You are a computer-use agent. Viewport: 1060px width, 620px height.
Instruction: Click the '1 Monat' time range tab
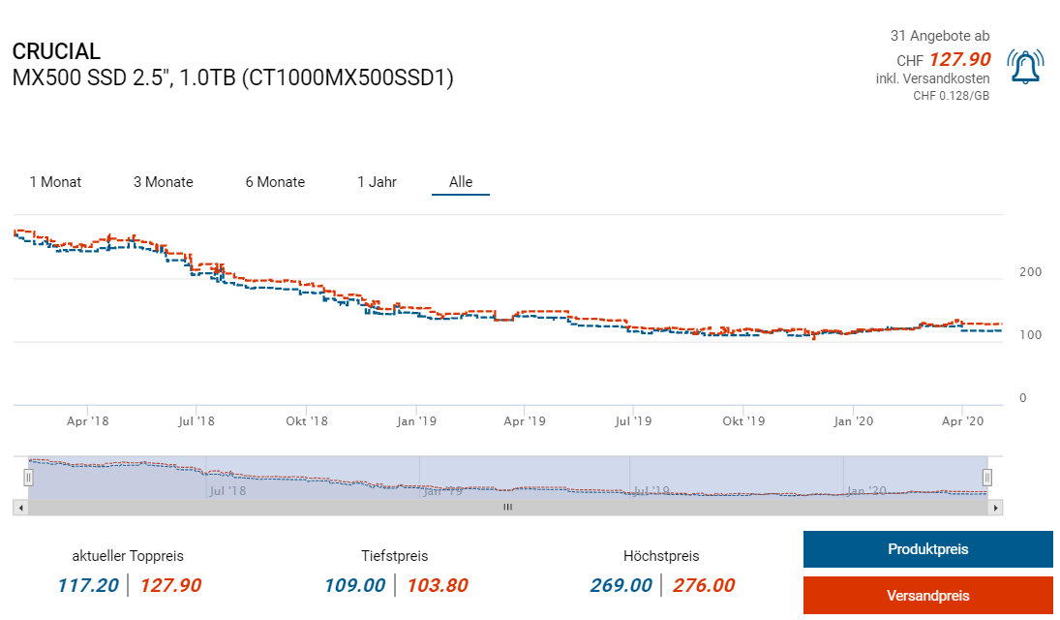point(55,182)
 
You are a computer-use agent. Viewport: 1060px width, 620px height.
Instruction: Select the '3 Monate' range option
point(163,182)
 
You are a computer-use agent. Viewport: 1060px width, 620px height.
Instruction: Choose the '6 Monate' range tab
point(275,182)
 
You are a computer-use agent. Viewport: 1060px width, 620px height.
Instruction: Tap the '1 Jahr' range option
point(377,182)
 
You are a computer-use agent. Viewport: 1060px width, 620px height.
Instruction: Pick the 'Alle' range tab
point(461,182)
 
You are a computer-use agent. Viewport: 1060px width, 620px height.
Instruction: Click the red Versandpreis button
point(927,596)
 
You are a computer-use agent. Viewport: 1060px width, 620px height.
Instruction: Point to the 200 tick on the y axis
point(1030,272)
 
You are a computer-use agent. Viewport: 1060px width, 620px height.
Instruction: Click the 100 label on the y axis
point(1030,335)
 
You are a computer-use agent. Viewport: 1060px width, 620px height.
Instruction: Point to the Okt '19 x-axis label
point(743,421)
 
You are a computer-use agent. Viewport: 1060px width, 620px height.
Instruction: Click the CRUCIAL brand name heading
point(56,52)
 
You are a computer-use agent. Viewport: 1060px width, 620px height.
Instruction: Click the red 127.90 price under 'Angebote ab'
point(959,60)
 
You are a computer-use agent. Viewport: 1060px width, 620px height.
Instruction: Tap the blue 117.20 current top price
point(88,585)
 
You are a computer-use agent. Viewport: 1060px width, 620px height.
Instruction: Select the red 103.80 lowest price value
point(438,585)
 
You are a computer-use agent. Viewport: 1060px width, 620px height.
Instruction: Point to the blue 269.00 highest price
point(621,585)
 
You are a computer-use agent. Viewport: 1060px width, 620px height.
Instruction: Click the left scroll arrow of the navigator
point(19,507)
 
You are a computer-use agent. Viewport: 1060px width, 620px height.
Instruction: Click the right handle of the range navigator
point(987,477)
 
